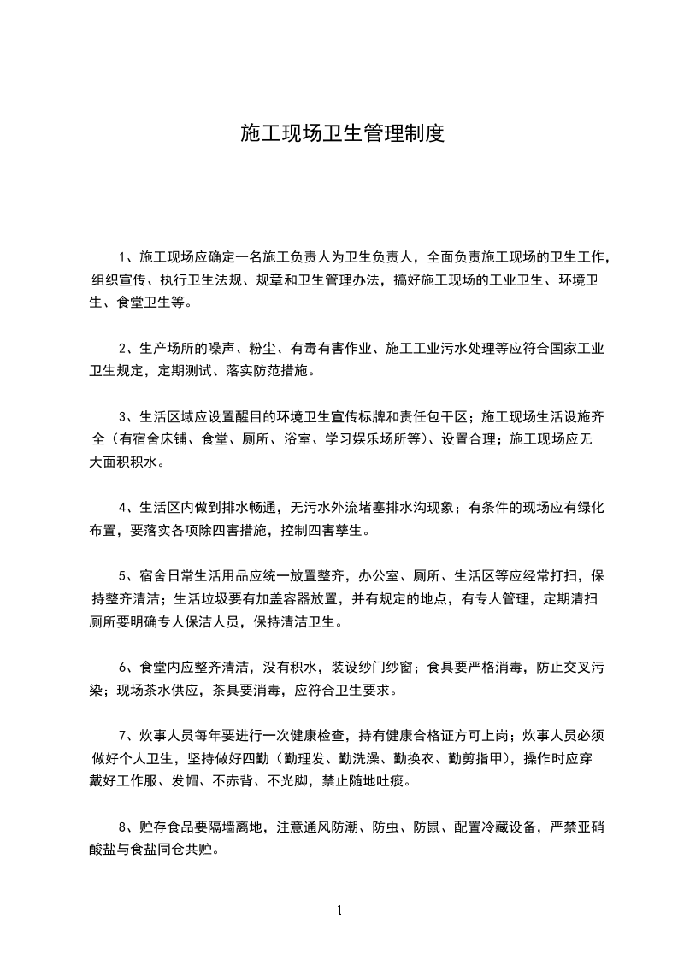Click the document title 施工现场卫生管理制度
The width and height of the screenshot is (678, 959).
342,134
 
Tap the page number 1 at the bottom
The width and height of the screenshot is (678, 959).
339,910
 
